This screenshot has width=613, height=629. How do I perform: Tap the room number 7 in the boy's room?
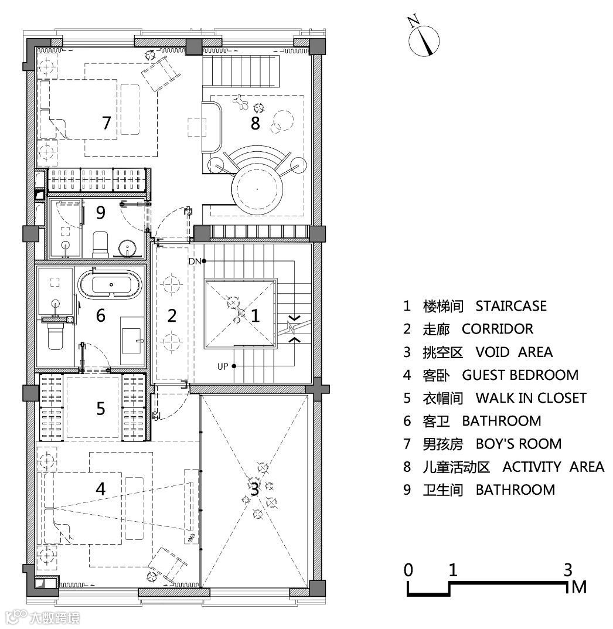coord(106,124)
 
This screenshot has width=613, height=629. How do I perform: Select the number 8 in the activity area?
coord(255,124)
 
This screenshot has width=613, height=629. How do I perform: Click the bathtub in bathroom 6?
coord(110,285)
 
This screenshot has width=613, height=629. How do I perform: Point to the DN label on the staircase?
coord(195,261)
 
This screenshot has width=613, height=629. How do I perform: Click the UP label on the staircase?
coord(223,367)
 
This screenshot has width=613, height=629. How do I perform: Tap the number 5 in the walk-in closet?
coord(101,408)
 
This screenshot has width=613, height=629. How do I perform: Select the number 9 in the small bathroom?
coord(101,213)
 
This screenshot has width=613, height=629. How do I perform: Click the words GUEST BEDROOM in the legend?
coord(520,375)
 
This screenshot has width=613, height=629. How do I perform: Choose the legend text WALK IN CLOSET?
coord(530,398)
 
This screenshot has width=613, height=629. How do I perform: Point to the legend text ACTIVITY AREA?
coord(553,467)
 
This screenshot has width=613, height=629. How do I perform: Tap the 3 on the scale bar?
coord(567,569)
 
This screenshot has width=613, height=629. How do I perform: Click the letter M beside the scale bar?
coord(579,587)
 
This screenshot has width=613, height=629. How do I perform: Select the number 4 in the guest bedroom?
coord(101,488)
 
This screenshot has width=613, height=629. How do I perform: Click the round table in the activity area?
coord(257,189)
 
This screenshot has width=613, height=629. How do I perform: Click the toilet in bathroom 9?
coord(101,243)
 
